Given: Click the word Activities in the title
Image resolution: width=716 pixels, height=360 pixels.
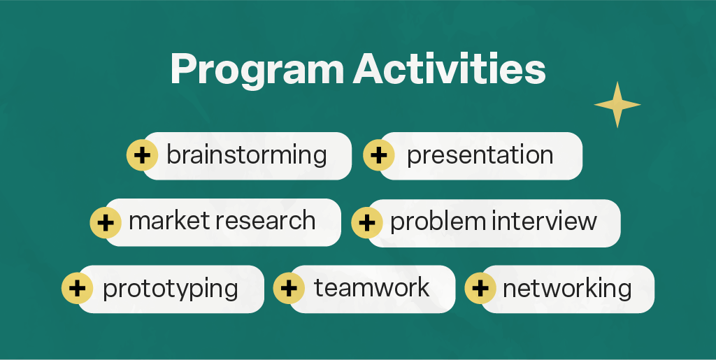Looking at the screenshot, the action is (450, 69).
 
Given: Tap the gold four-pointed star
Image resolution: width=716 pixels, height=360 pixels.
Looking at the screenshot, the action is (617, 104).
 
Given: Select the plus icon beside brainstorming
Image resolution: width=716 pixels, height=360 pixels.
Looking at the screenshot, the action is (143, 155).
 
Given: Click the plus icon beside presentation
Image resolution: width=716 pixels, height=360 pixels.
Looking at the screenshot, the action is (379, 155).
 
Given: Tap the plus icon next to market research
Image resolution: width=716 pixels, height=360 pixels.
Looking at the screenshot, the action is (106, 223).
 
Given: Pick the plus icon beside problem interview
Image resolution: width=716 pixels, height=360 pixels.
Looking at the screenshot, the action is (366, 223).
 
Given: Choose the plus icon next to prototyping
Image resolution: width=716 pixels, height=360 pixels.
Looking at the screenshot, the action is (77, 288).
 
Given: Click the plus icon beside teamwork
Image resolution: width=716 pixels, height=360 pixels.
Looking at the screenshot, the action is (289, 288).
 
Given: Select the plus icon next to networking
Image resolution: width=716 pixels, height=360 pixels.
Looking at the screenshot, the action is (480, 288).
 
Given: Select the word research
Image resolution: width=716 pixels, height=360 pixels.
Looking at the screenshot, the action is (265, 222).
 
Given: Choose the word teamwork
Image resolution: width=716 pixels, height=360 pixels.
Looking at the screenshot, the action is (372, 287).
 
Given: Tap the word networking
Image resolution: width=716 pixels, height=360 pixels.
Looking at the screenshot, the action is (567, 289).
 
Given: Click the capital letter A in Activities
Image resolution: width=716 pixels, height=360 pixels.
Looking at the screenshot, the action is (370, 69).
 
